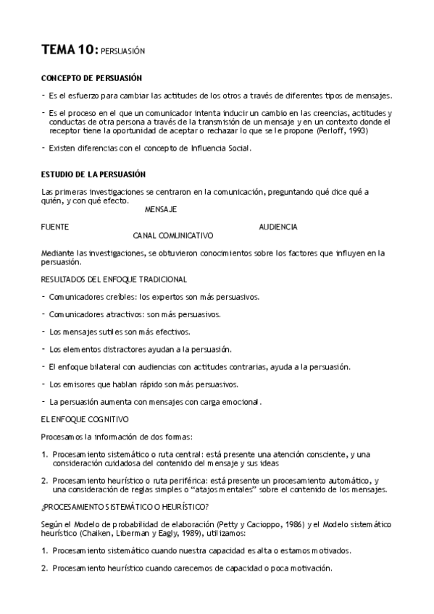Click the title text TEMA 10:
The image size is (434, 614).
(x=70, y=50)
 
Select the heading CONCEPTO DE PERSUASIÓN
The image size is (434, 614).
(x=91, y=78)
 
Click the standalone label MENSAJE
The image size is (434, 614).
(x=161, y=209)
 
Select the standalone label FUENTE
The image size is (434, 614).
(x=56, y=227)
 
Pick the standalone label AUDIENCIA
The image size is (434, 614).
(x=278, y=227)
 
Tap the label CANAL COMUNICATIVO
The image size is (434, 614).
(x=173, y=235)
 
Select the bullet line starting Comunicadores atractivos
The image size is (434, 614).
(x=135, y=314)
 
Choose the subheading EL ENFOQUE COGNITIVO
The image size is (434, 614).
(x=85, y=419)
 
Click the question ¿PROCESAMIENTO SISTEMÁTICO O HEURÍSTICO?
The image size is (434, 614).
(x=125, y=507)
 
